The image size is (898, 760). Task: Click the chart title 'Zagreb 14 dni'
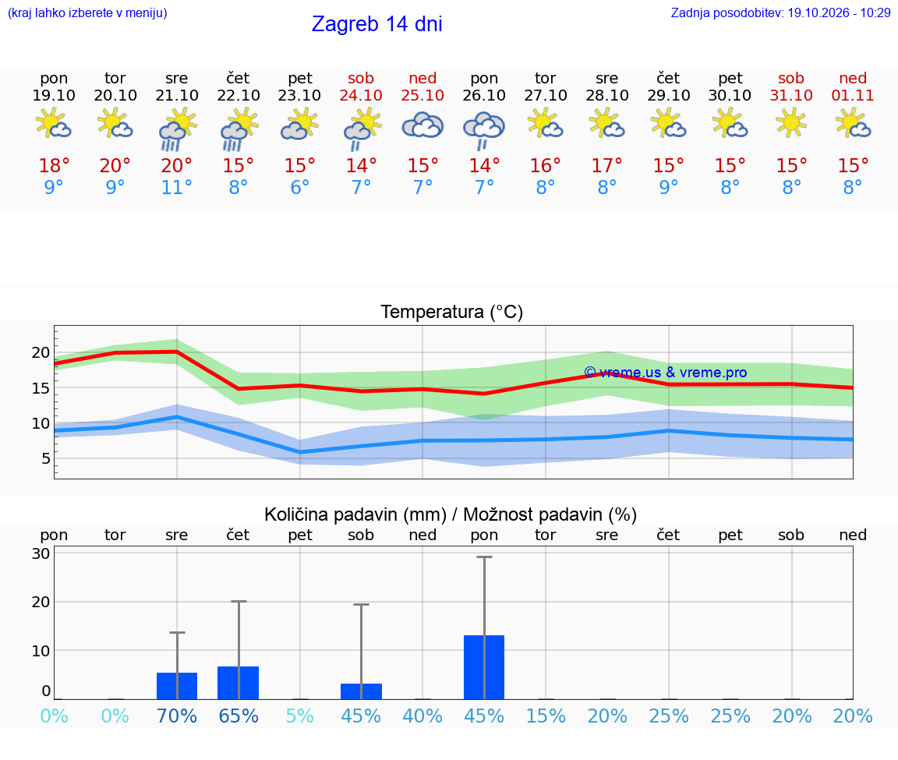[377, 24]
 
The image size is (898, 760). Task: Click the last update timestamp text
[780, 12]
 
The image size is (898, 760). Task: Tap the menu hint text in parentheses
[87, 12]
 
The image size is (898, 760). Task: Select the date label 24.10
[361, 95]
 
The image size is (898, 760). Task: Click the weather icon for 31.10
[791, 122]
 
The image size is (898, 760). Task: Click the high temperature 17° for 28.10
[606, 165]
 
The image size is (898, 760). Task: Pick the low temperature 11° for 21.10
[176, 187]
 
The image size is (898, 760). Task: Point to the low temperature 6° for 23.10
[299, 187]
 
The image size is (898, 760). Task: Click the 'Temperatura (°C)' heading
[452, 312]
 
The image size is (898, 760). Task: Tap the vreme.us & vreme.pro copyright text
[666, 373]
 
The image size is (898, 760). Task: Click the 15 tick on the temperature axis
[41, 387]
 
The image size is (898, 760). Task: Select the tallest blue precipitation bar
[484, 667]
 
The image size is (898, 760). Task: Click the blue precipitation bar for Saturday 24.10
[361, 691]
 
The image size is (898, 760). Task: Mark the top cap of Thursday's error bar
[239, 601]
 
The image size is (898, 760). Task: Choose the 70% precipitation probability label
[176, 716]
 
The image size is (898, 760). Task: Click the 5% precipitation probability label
[299, 716]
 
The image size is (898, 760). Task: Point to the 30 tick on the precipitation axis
[41, 553]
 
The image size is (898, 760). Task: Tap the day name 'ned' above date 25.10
[422, 78]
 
